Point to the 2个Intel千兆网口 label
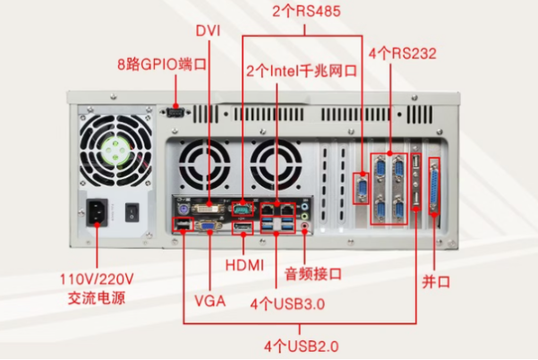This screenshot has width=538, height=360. (x=302, y=69)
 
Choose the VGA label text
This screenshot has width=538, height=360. (x=209, y=298)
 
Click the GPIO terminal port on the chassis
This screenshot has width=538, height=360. (x=175, y=113)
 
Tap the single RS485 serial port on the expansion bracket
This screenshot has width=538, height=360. (x=362, y=188)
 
